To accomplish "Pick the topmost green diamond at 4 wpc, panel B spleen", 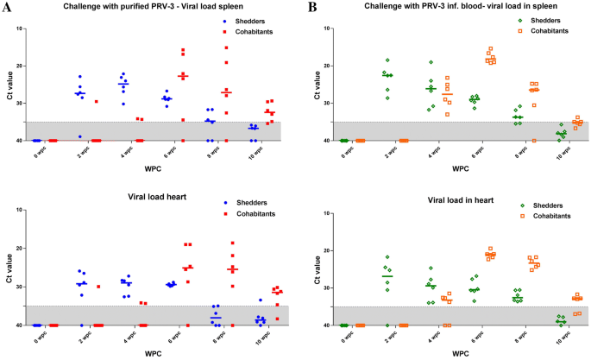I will point(431,62).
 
